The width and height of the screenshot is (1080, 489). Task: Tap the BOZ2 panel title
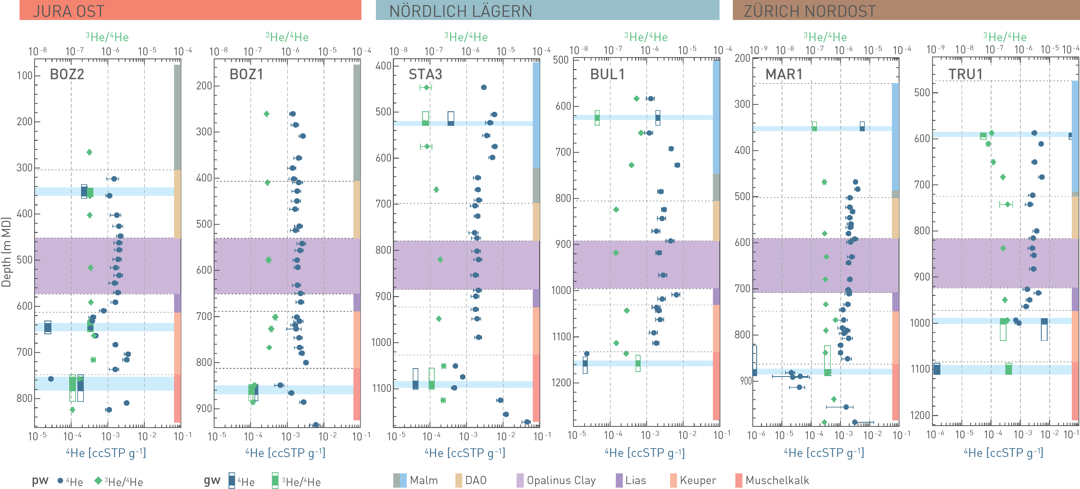tap(67, 74)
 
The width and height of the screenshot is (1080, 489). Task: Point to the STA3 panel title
tap(425, 74)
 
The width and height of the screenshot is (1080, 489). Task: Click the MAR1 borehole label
tap(784, 74)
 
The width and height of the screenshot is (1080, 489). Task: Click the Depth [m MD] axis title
tap(6, 252)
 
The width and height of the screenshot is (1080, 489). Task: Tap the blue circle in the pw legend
tap(60, 481)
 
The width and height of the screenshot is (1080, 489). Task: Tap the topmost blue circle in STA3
tap(483, 87)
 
